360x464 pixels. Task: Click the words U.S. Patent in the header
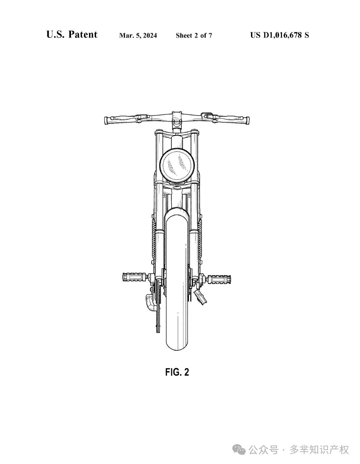72,35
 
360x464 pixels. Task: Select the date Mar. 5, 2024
138,35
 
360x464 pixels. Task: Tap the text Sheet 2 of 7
194,35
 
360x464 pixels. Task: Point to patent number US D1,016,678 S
280,35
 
